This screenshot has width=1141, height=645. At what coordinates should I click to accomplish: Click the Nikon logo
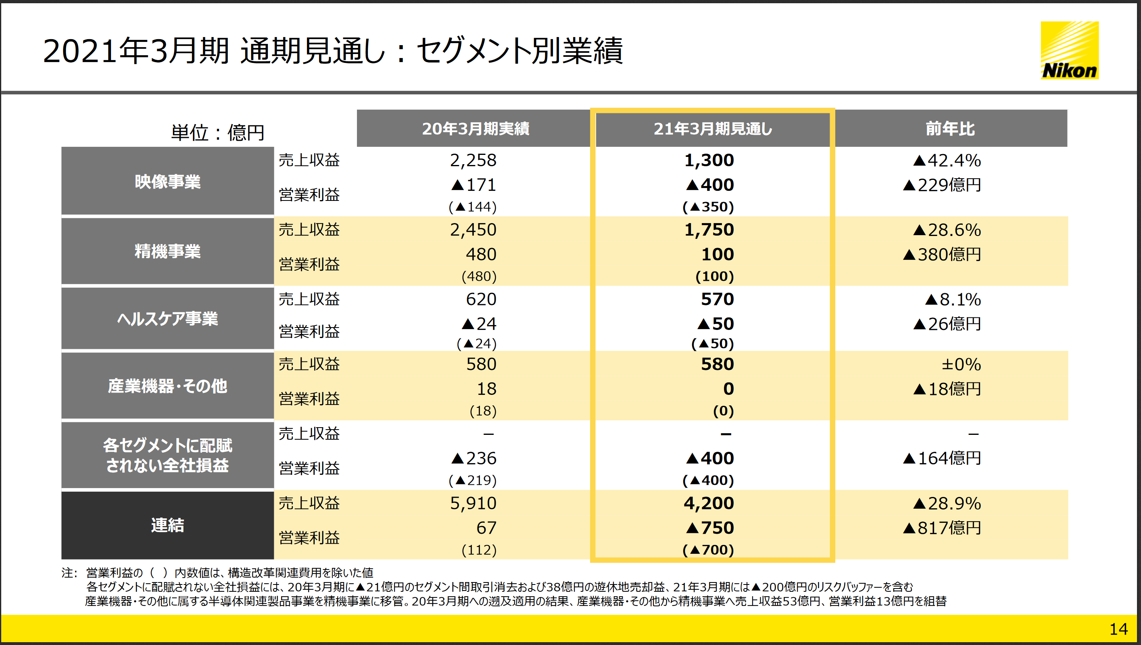(x=1069, y=50)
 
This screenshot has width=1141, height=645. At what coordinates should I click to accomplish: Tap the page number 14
(x=1118, y=629)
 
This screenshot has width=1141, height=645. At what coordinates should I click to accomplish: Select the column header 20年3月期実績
(x=475, y=128)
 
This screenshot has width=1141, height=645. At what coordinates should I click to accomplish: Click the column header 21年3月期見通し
(x=713, y=128)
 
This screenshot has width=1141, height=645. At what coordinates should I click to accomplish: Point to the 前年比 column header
(x=950, y=128)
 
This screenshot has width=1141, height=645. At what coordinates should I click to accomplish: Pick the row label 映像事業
(x=167, y=182)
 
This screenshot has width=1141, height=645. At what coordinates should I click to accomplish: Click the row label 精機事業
(x=167, y=251)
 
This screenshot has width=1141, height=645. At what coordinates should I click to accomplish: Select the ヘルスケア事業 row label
(x=167, y=319)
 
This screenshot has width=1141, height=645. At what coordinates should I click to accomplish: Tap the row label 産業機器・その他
(x=167, y=386)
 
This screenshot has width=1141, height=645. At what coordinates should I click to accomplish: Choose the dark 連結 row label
(x=167, y=525)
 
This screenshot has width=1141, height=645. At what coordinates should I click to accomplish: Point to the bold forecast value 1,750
(x=709, y=230)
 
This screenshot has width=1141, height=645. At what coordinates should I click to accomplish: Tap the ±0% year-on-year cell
(x=961, y=365)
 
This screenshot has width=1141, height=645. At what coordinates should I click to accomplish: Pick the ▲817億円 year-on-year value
(x=942, y=528)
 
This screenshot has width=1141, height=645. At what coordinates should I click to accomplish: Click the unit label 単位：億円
(x=217, y=132)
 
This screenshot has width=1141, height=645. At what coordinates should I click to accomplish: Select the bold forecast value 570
(x=717, y=299)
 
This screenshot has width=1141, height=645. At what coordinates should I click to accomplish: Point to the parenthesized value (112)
(x=479, y=550)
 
